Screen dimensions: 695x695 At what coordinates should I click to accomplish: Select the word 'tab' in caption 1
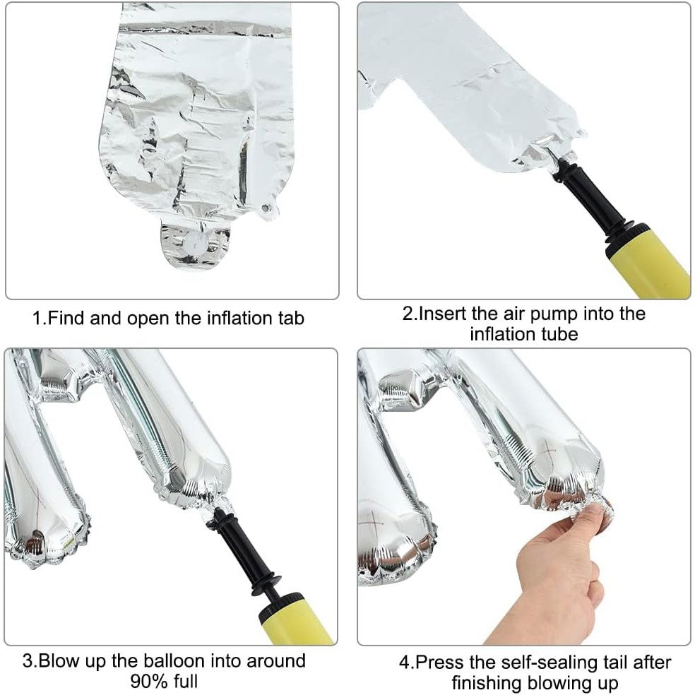tap(290, 319)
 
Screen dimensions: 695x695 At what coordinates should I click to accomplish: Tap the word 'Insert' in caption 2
tap(442, 313)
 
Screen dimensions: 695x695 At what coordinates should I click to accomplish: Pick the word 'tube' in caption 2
tap(561, 333)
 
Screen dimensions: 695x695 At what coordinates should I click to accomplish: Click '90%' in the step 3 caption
tap(148, 682)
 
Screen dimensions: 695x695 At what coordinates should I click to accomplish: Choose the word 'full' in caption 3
tap(184, 682)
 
